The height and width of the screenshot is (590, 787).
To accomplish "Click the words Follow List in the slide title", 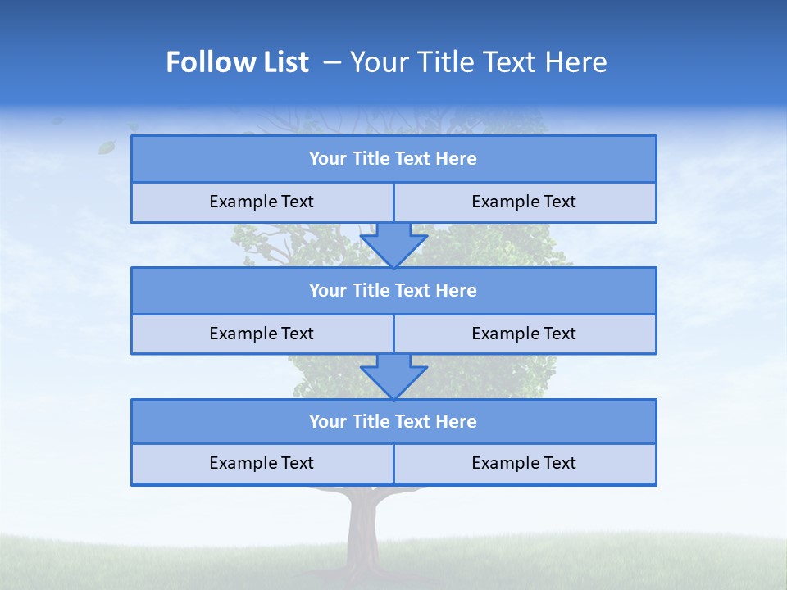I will pos(238,62).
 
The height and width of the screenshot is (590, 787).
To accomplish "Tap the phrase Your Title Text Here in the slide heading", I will pos(479,62).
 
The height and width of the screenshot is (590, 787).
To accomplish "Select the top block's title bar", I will pos(393,159).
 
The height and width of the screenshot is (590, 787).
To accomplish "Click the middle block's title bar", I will pos(393,290).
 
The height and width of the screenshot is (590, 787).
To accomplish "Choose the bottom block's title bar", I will pos(393,421).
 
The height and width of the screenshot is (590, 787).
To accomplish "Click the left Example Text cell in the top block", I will pos(262,202).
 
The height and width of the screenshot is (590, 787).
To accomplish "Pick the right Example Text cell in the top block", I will pos(524,202).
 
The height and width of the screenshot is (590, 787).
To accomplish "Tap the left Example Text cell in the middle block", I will pos(262,334).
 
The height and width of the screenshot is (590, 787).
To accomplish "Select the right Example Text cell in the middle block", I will pos(524,334).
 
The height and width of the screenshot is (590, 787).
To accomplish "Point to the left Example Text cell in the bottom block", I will pos(262,463).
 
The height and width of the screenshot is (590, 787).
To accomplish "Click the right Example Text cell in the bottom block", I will pos(524,463).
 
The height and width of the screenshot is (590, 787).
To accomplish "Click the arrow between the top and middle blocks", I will pos(393,245).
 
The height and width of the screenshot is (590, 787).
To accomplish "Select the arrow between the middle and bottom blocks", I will pos(393,376).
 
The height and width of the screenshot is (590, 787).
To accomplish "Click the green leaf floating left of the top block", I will pos(107,147).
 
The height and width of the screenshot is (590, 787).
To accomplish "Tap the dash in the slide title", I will pos(332,62).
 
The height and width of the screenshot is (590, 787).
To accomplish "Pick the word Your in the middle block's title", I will pos(327,290).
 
